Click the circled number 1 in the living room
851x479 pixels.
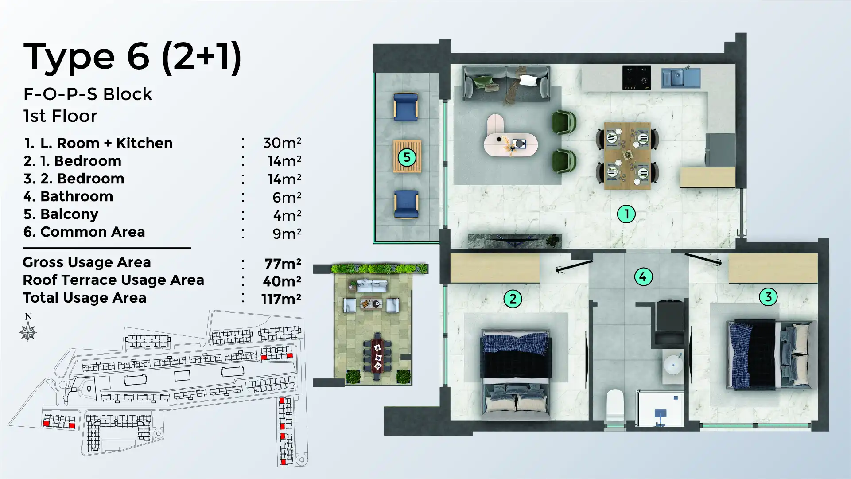[626, 214]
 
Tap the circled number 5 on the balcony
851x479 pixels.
[407, 157]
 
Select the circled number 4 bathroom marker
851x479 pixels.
[643, 277]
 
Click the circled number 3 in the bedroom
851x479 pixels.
[768, 296]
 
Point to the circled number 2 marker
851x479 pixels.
[513, 299]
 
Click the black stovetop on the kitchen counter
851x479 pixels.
[637, 78]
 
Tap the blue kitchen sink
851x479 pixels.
[680, 78]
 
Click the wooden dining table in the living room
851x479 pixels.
[627, 156]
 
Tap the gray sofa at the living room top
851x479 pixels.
[506, 83]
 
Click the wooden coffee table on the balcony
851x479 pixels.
[407, 156]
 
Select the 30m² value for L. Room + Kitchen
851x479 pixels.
[282, 143]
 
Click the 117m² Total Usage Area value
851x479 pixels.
[281, 299]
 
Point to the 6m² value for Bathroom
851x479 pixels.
[286, 197]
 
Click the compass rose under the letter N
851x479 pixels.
[28, 331]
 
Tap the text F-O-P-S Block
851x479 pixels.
[87, 94]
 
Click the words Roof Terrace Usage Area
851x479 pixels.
[113, 280]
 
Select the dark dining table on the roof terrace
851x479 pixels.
[377, 357]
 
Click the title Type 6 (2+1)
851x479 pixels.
[132, 57]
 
